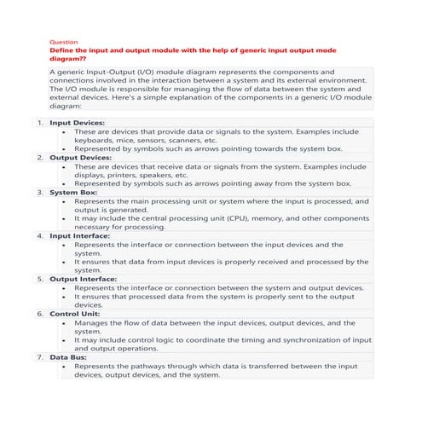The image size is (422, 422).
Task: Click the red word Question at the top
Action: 65,42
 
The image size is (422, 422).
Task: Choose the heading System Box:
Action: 73,193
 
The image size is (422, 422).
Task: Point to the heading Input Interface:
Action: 83,236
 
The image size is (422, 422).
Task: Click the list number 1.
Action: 39,123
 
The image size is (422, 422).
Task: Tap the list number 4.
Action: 39,236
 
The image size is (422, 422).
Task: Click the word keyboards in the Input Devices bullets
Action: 96,141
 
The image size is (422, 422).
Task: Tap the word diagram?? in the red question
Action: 72,60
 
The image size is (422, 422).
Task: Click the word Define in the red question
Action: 65,51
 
